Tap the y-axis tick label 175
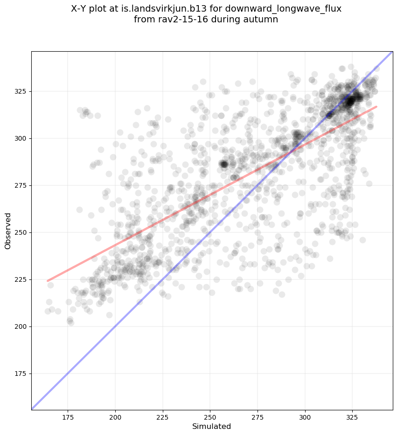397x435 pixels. point(21,374)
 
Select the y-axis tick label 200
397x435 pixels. point(21,326)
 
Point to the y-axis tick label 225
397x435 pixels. point(21,279)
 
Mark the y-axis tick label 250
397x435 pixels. point(21,232)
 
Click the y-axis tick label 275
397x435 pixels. point(21,185)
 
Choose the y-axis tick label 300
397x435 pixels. point(21,138)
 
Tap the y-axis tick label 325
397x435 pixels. point(21,91)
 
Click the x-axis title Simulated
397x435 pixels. point(212,426)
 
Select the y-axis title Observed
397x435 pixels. point(8,231)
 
